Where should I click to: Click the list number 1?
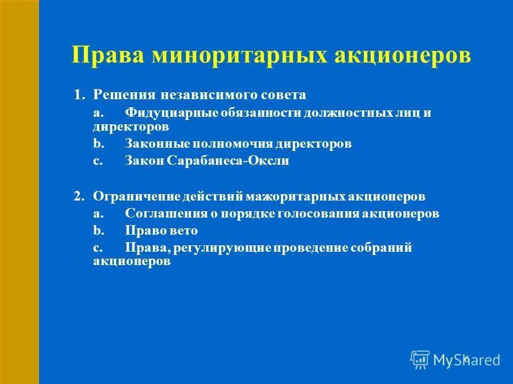point(78,95)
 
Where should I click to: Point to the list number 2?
point(78,196)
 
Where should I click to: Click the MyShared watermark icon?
point(420,359)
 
